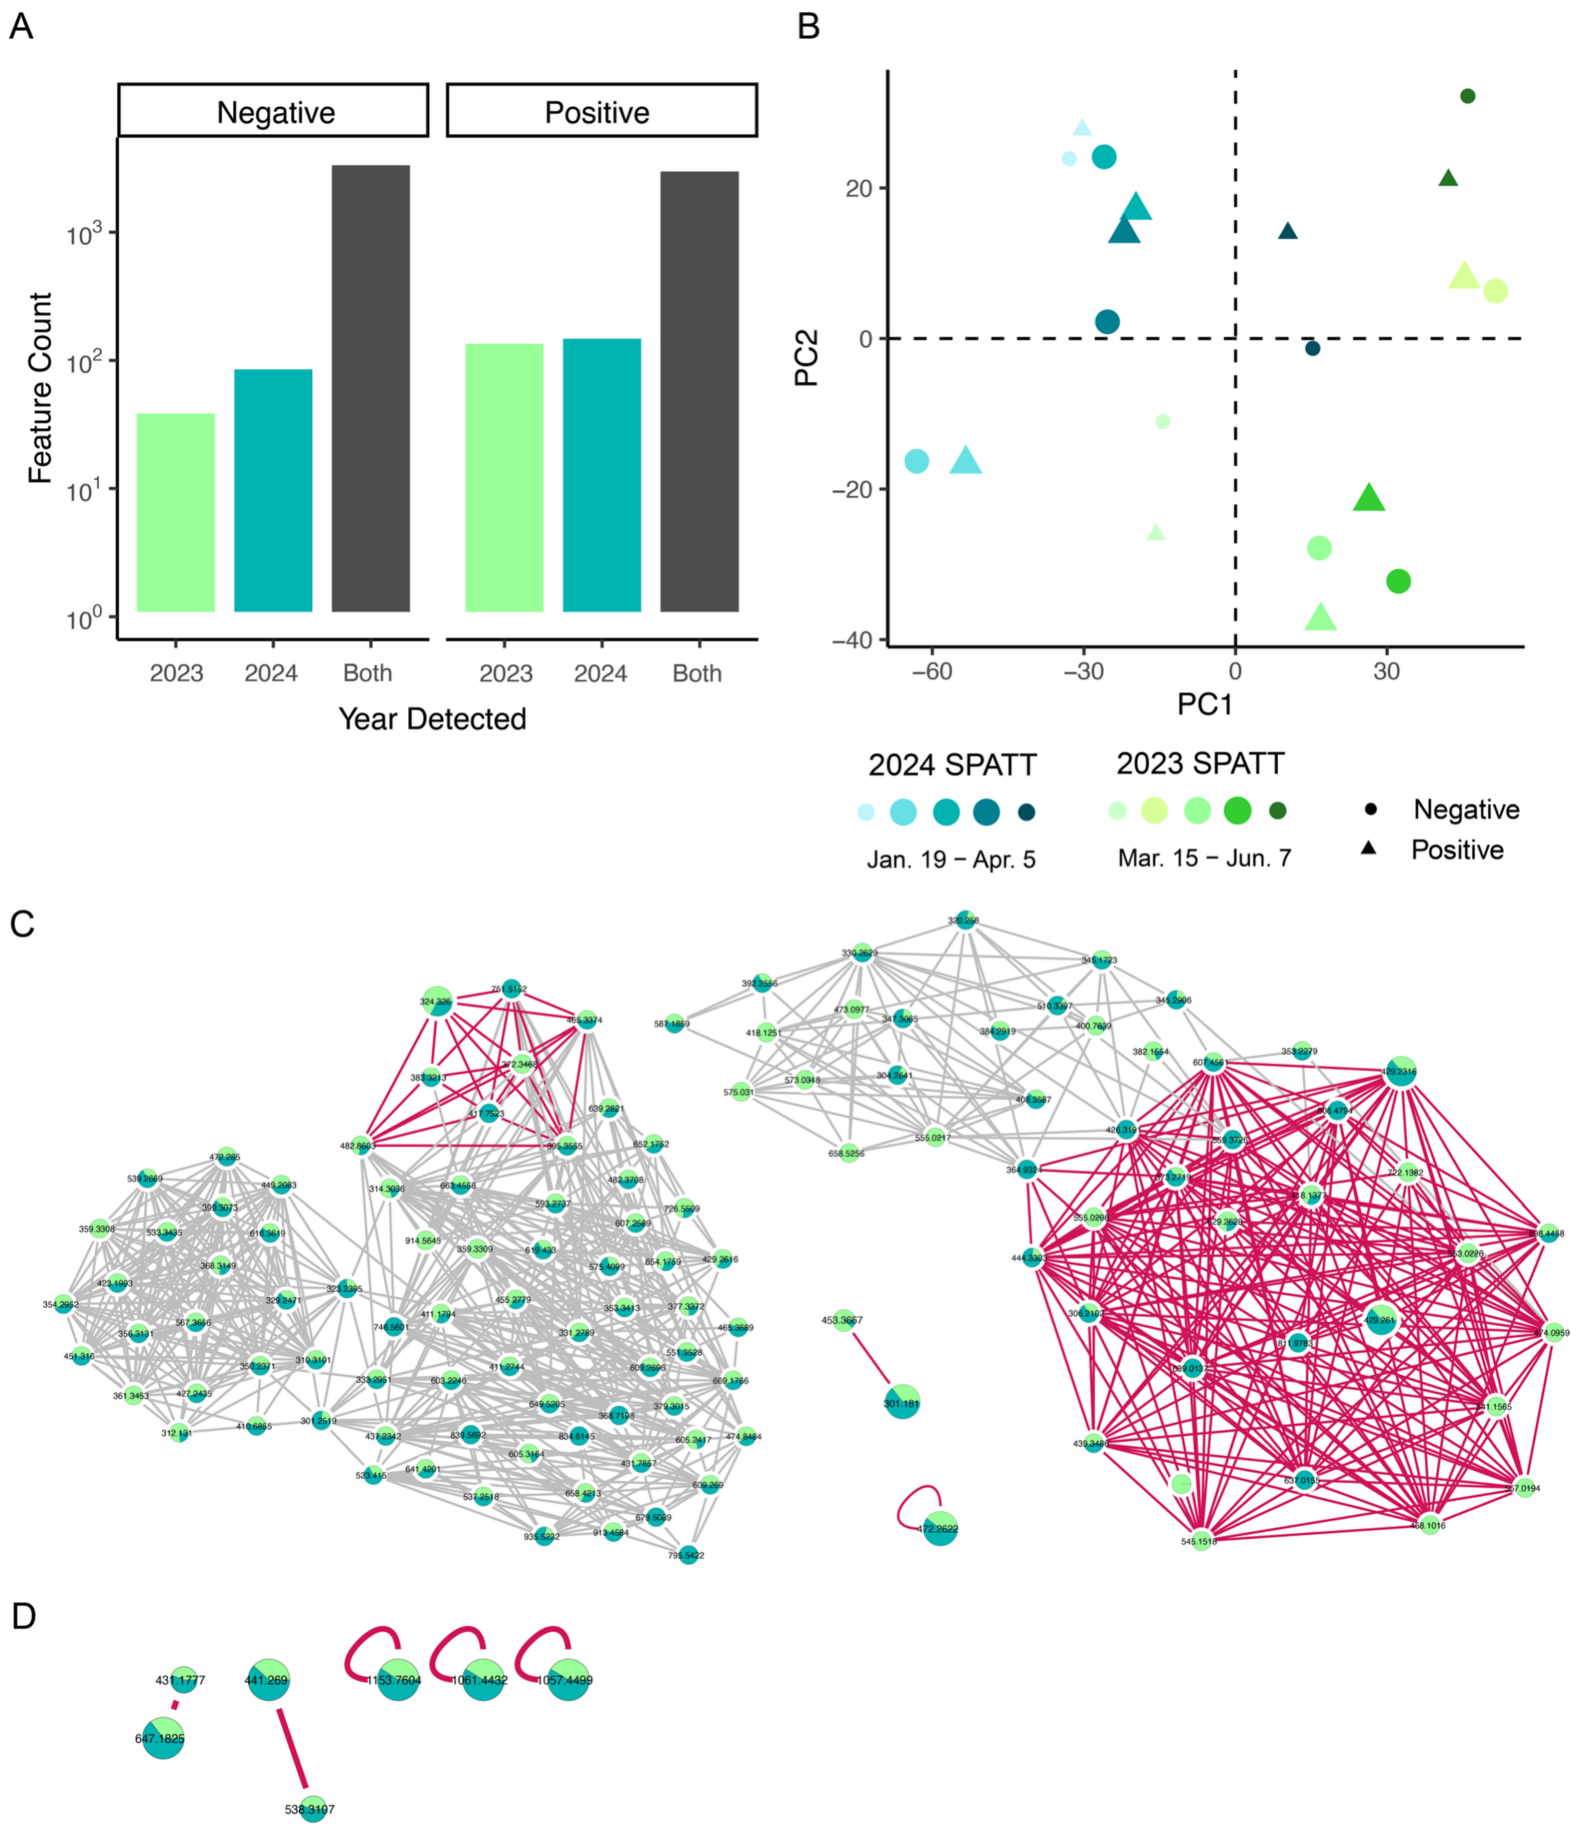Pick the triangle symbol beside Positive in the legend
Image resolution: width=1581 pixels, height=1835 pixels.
pyautogui.click(x=1368, y=849)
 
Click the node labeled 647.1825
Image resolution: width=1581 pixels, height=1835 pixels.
pyautogui.click(x=163, y=1738)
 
